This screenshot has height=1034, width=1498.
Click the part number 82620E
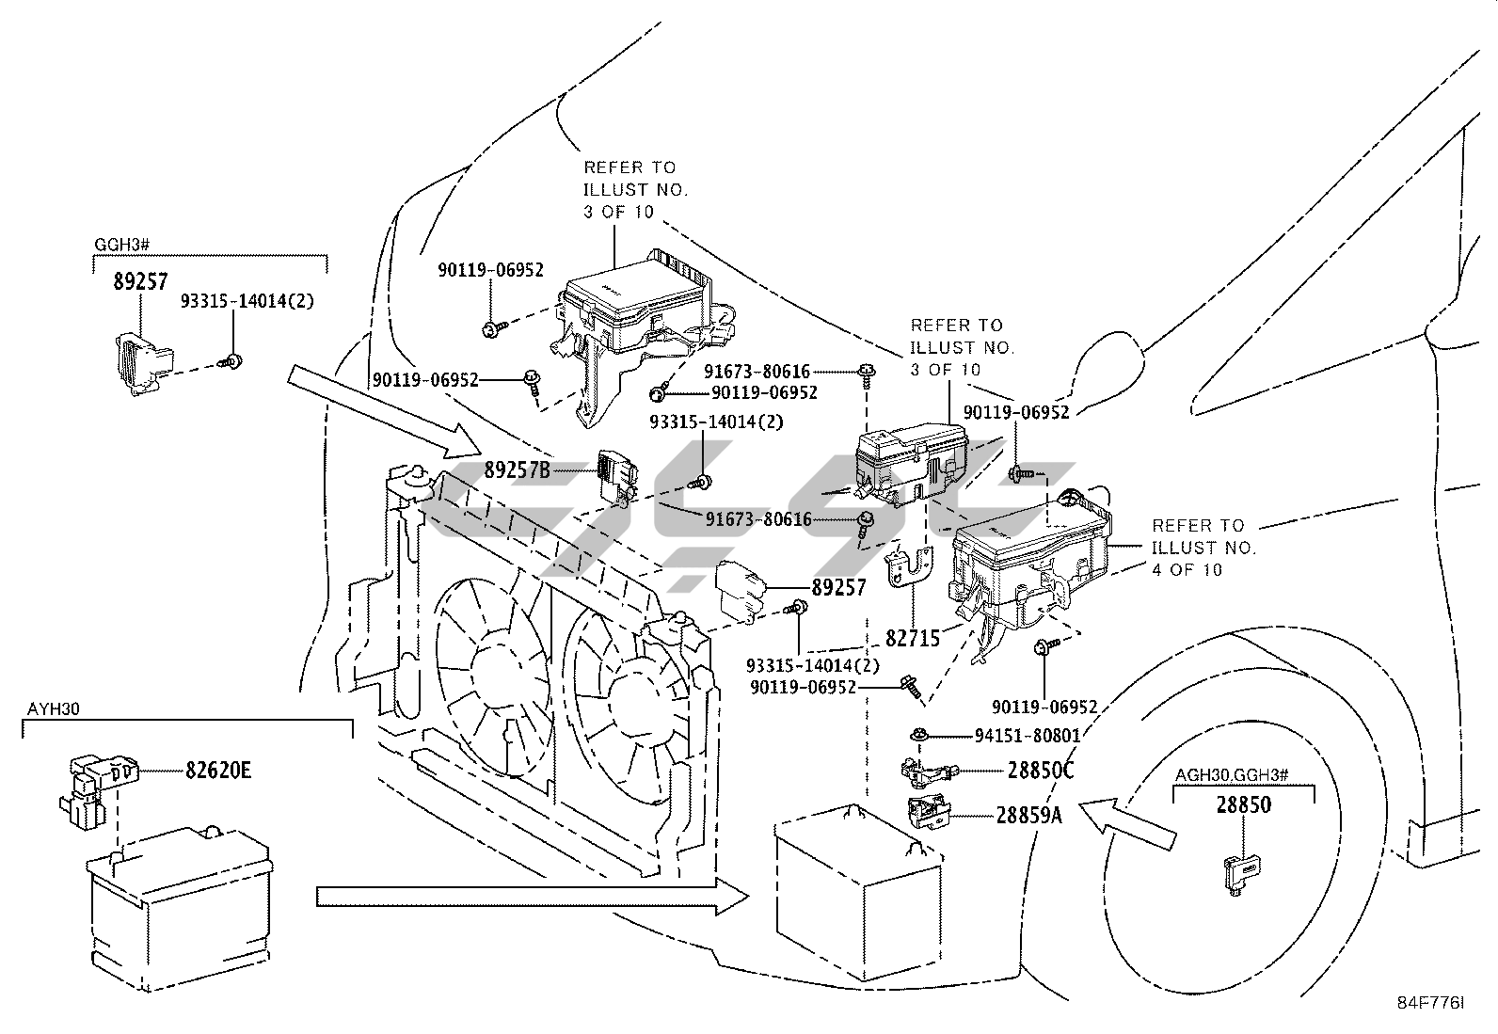(x=217, y=771)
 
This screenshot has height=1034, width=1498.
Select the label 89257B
(x=517, y=469)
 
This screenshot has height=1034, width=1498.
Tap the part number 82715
(x=913, y=639)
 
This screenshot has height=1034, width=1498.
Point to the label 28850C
(x=1041, y=771)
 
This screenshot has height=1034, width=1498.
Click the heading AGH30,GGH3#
(x=1232, y=775)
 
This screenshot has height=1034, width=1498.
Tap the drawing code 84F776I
(x=1430, y=1004)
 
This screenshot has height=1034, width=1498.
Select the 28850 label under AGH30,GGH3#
(x=1243, y=805)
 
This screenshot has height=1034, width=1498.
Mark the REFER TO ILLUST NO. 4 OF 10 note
(x=1203, y=548)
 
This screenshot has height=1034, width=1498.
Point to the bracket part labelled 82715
(x=909, y=570)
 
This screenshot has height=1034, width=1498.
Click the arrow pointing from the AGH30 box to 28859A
(x=1126, y=821)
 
